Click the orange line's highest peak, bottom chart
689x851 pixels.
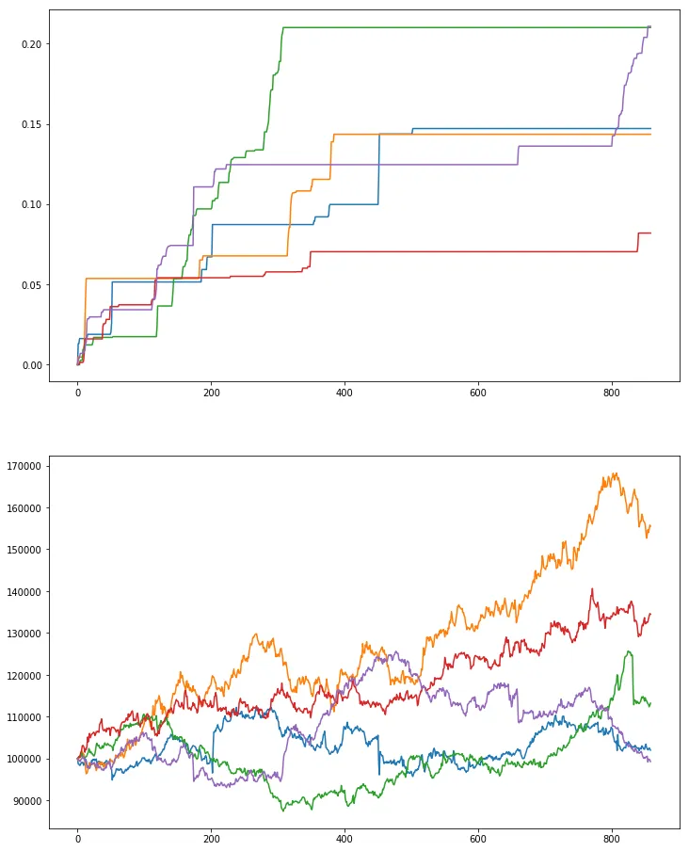(x=616, y=473)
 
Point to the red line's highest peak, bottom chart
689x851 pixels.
(x=592, y=589)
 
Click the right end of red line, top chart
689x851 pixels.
(x=650, y=233)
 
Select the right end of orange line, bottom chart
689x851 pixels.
(x=650, y=525)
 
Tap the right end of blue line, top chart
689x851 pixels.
(x=650, y=128)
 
